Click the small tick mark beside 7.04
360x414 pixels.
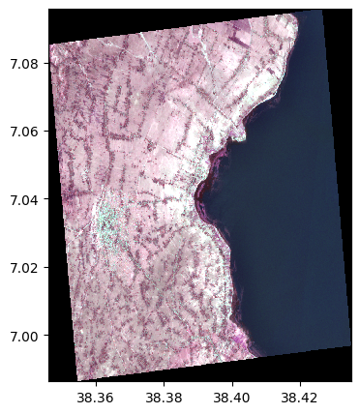pos(45,199)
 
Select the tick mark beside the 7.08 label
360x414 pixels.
pos(45,63)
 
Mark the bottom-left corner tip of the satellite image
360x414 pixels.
pos(76,380)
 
